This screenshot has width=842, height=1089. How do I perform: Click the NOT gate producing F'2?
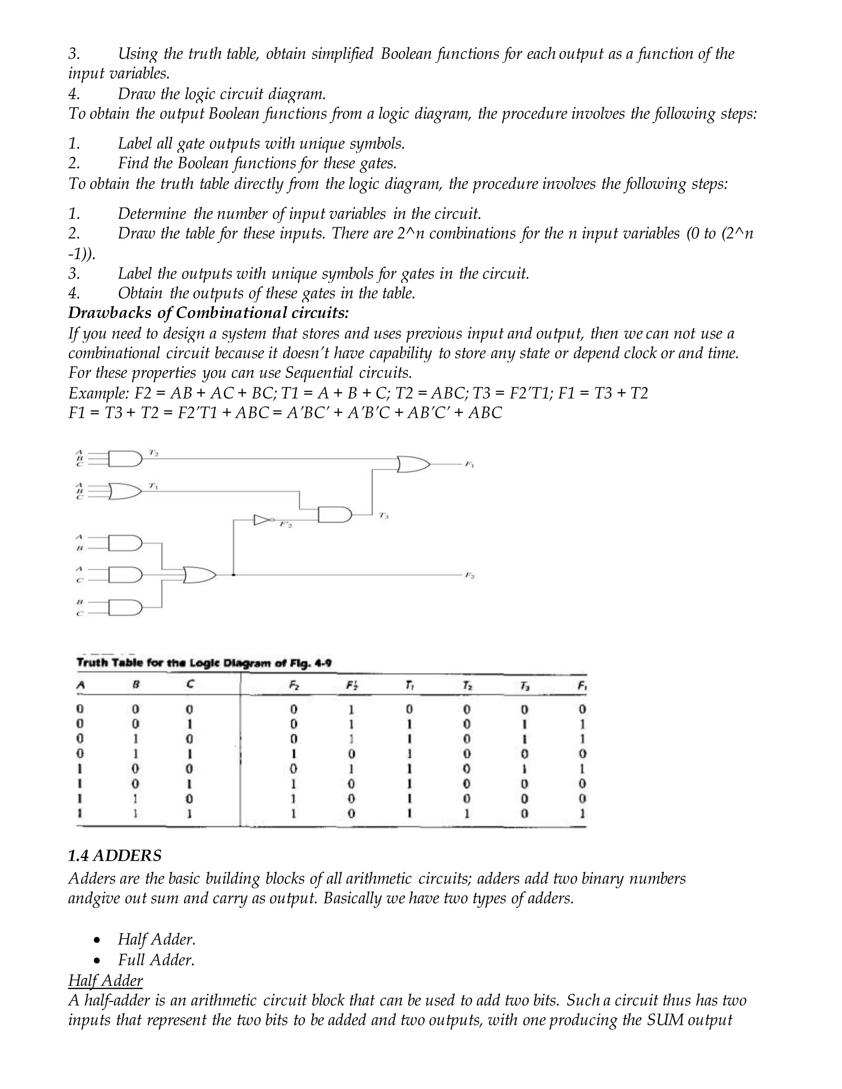[x=263, y=520]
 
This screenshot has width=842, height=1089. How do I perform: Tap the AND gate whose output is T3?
[x=334, y=514]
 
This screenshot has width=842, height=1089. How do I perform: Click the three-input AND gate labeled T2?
[x=125, y=459]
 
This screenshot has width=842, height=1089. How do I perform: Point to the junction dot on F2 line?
[x=234, y=575]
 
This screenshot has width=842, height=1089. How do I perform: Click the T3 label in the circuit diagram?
[x=383, y=516]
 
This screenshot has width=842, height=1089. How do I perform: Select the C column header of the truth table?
[x=190, y=685]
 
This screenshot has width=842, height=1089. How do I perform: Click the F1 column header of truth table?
[x=582, y=686]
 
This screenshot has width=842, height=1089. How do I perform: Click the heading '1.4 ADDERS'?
[x=115, y=856]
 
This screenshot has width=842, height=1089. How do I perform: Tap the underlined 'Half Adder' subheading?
[x=105, y=980]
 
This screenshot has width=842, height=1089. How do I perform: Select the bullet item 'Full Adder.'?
[x=156, y=960]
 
